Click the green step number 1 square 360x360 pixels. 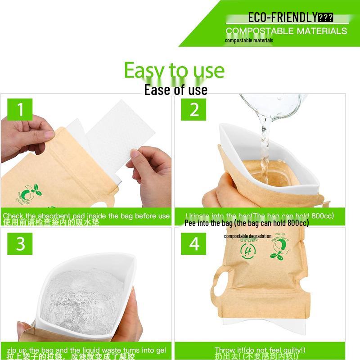click(20, 109)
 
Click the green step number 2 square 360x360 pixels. click(193, 109)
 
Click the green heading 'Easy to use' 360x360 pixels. click(174, 70)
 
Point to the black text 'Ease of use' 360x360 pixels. click(175, 90)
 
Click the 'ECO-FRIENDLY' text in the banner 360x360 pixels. click(283, 18)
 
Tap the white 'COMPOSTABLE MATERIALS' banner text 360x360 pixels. click(286, 31)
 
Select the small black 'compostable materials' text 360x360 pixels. click(249, 40)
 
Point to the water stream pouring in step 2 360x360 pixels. click(263, 144)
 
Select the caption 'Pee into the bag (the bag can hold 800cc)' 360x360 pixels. click(247, 223)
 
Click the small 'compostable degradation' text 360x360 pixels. click(247, 236)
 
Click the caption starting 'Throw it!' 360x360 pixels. click(260, 350)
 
